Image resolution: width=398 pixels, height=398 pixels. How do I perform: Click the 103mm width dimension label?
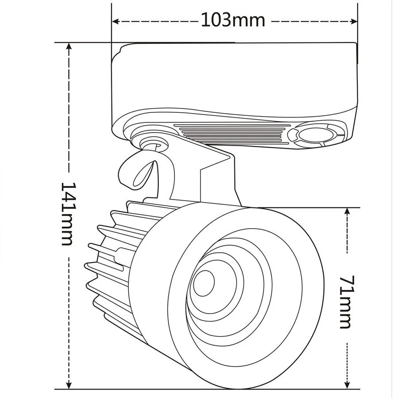click(x=233, y=20)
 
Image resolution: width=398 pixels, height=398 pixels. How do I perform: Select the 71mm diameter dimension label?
click(x=346, y=302)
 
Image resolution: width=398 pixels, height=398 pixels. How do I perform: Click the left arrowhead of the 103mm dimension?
click(x=115, y=20)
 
